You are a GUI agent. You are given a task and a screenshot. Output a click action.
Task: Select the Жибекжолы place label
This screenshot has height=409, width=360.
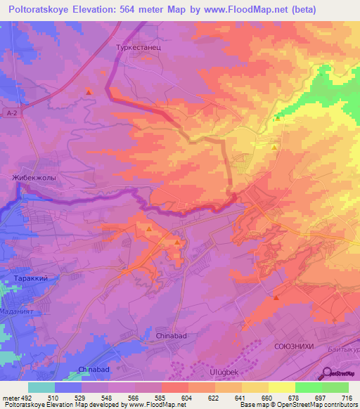(34, 178)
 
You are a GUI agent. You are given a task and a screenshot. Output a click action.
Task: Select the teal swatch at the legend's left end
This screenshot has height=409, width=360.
(41, 388)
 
